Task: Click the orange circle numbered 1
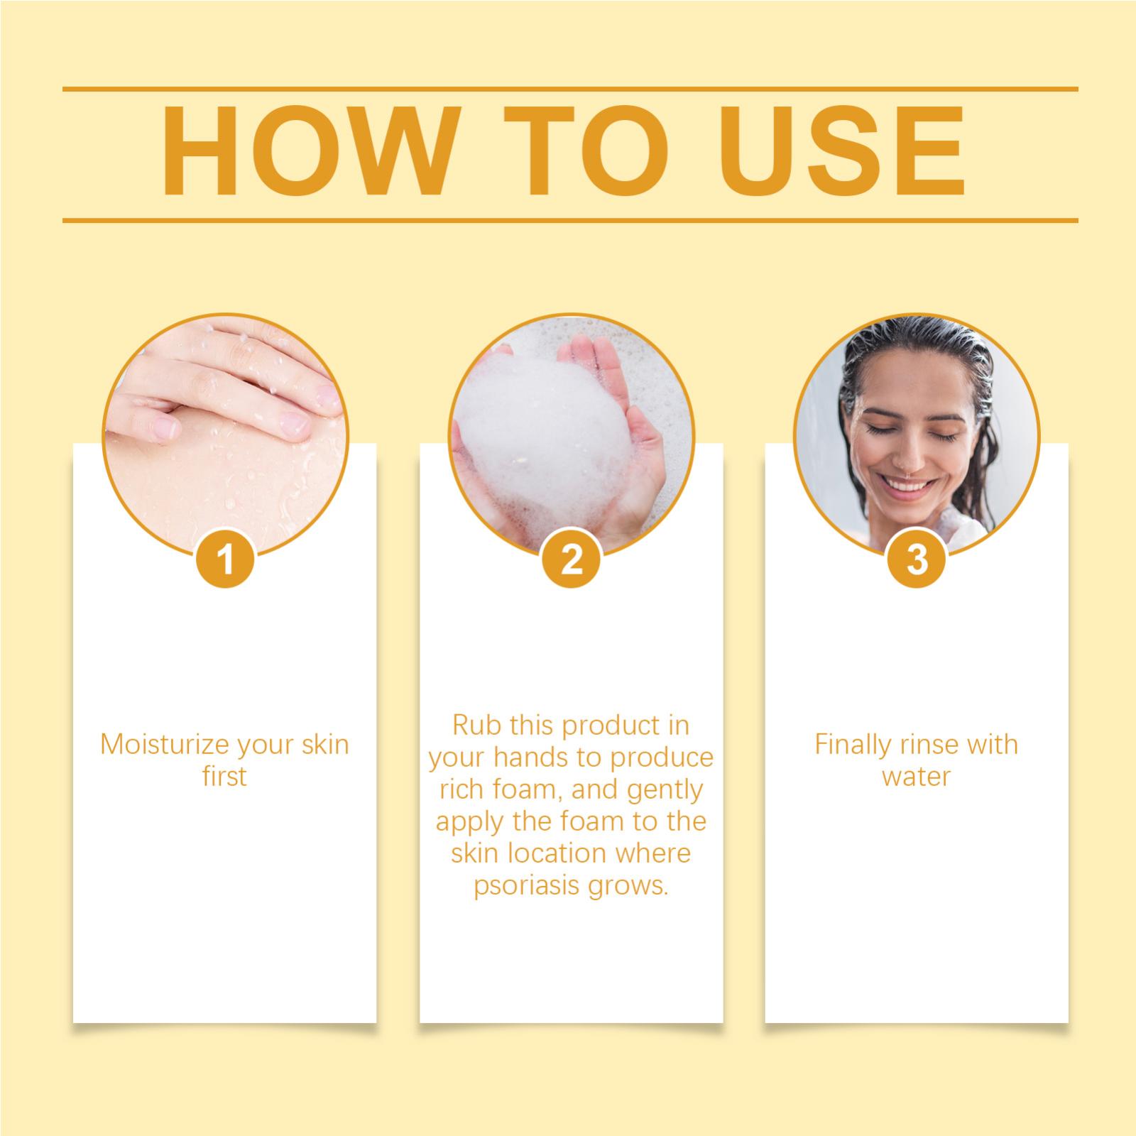[226, 559]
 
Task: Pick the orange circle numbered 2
[572, 559]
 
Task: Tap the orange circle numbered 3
[917, 559]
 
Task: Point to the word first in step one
[224, 777]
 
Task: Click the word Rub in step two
[474, 726]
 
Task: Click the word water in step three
[916, 777]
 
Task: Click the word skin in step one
[325, 745]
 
